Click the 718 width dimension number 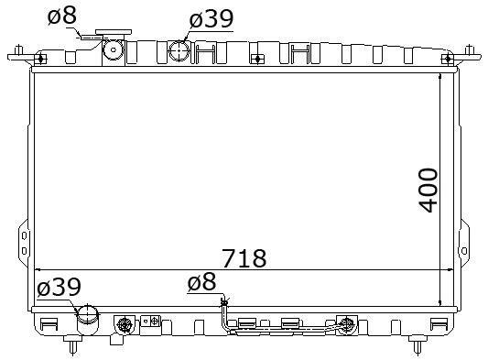coord(244,258)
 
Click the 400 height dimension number coord(428,191)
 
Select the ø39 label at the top coord(211,18)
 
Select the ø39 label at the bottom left coord(59,287)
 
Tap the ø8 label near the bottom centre coord(201,281)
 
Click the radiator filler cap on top coord(114,32)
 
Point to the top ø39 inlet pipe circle coord(179,50)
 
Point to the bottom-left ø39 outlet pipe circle coord(88,314)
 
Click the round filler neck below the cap coord(114,49)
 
